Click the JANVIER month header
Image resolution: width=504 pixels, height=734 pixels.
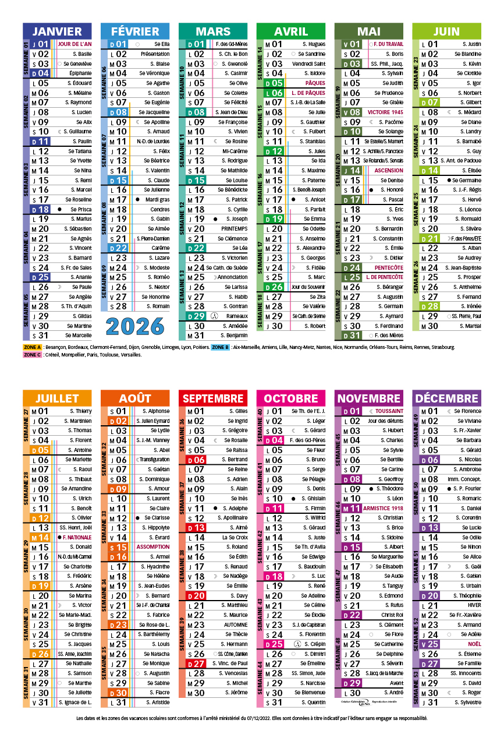[x=57, y=31]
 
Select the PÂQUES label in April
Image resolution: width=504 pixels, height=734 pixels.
[x=315, y=83]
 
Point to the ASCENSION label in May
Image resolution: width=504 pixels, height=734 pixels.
[x=388, y=171]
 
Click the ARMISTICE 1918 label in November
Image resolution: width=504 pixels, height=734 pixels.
[x=384, y=508]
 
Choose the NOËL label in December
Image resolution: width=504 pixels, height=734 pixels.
[x=474, y=644]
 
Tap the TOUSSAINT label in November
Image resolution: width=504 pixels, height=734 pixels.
[x=389, y=411]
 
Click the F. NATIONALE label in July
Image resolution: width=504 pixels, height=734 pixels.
[x=77, y=537]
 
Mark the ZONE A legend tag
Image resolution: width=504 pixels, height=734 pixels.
[x=32, y=347]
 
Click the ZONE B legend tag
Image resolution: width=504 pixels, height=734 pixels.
[x=220, y=347]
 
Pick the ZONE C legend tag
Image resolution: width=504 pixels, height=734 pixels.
[x=32, y=354]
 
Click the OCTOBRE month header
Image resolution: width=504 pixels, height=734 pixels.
[x=291, y=398]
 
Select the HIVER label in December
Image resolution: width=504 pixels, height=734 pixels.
[x=473, y=605]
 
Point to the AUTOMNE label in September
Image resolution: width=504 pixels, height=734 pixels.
[x=235, y=624]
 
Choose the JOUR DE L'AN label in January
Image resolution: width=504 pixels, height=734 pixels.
[x=74, y=44]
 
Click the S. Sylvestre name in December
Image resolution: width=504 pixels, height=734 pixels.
[x=467, y=703]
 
